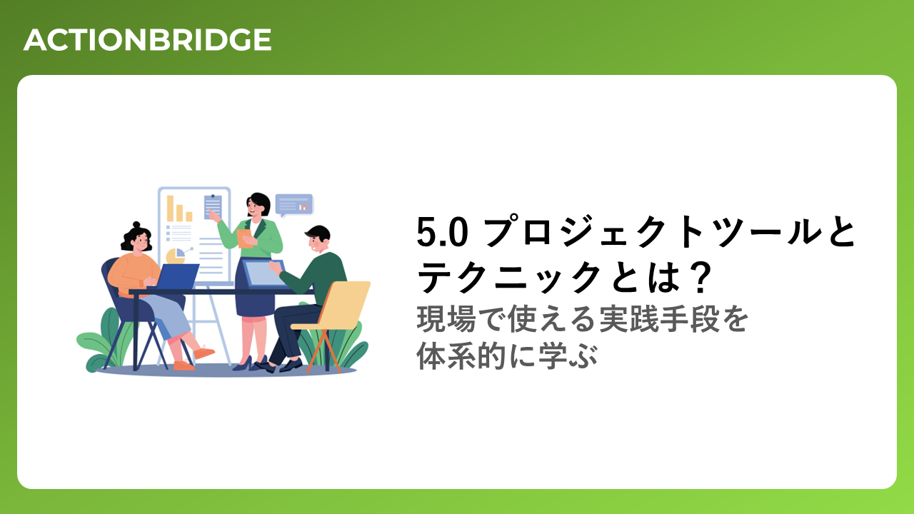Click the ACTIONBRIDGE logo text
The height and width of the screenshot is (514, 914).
(147, 40)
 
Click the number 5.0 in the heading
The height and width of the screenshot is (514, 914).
(442, 232)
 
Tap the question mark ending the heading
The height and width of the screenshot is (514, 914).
(700, 278)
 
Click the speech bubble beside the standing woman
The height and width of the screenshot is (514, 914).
(294, 205)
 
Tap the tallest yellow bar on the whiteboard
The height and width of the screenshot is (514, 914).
(170, 208)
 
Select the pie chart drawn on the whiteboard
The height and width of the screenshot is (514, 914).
(176, 256)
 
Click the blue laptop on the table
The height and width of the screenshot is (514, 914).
(178, 276)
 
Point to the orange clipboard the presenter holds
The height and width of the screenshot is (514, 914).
(245, 238)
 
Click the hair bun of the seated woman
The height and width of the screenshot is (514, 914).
(136, 225)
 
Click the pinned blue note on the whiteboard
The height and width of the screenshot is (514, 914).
(213, 206)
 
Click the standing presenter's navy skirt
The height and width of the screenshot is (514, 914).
(255, 293)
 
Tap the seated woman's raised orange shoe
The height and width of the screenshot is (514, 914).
(204, 352)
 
